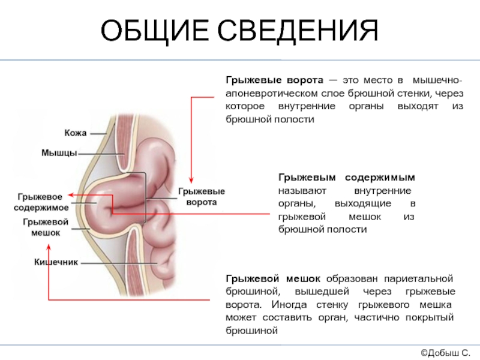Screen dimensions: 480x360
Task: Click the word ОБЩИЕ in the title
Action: [x=155, y=31]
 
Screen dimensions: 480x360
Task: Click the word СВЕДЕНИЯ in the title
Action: [x=298, y=31]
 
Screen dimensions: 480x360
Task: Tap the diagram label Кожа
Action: [x=76, y=133]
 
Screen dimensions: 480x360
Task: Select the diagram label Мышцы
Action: [x=59, y=153]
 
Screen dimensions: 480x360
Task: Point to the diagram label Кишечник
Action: [x=56, y=262]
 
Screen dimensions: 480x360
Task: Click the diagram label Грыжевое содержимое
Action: [x=41, y=202]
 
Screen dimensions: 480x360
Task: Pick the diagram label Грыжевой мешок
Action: [x=46, y=227]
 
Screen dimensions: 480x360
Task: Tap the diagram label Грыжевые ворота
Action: [x=202, y=197]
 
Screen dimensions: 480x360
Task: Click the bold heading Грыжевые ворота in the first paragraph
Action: [x=274, y=80]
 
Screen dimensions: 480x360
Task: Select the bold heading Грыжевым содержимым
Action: [x=347, y=178]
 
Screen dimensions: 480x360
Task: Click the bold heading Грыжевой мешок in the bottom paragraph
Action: [x=273, y=279]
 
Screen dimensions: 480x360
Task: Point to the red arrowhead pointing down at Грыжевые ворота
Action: [x=191, y=180]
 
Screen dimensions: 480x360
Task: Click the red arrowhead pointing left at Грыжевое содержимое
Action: [x=71, y=194]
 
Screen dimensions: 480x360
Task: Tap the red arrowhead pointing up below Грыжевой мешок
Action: [x=49, y=247]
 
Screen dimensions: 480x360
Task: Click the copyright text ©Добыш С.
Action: [x=445, y=353]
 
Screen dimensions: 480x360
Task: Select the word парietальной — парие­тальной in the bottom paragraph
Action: [x=418, y=279]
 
